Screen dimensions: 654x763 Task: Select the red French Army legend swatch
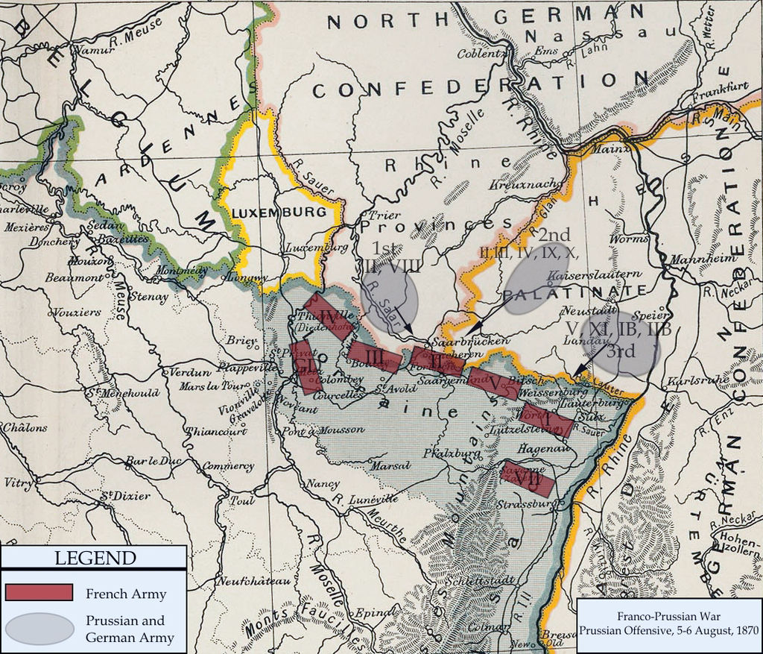click(39, 593)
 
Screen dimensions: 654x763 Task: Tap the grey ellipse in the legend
click(39, 629)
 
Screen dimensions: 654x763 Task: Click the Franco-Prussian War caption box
click(668, 625)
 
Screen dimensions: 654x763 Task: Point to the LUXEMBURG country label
click(279, 213)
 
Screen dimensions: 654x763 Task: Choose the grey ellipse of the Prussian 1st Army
click(389, 297)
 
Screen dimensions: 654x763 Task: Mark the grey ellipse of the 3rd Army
click(621, 343)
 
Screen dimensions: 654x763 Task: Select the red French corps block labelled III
click(375, 358)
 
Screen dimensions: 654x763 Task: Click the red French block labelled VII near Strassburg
click(527, 477)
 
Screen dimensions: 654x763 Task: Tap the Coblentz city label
click(481, 54)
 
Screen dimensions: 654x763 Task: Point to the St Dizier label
click(125, 494)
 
